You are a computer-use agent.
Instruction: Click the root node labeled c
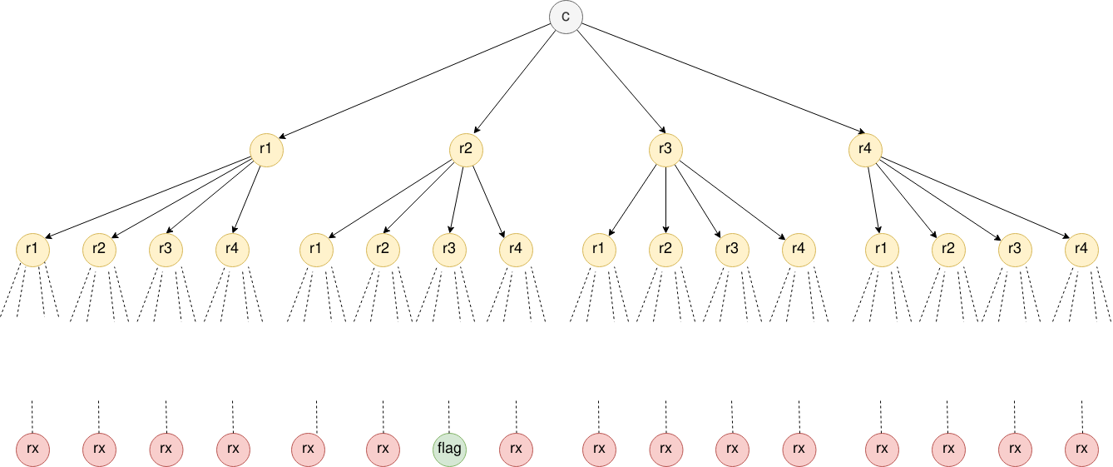pyautogui.click(x=566, y=17)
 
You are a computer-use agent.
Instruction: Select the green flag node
pyautogui.click(x=449, y=450)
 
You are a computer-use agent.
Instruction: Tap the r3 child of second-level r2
pyautogui.click(x=449, y=249)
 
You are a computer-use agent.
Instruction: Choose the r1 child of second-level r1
pyautogui.click(x=33, y=249)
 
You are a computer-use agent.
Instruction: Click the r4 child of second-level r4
pyautogui.click(x=1081, y=249)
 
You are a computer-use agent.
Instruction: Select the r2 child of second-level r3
pyautogui.click(x=665, y=249)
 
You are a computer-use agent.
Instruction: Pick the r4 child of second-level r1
pyautogui.click(x=233, y=249)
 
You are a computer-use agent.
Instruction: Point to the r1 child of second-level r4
pyautogui.click(x=882, y=249)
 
